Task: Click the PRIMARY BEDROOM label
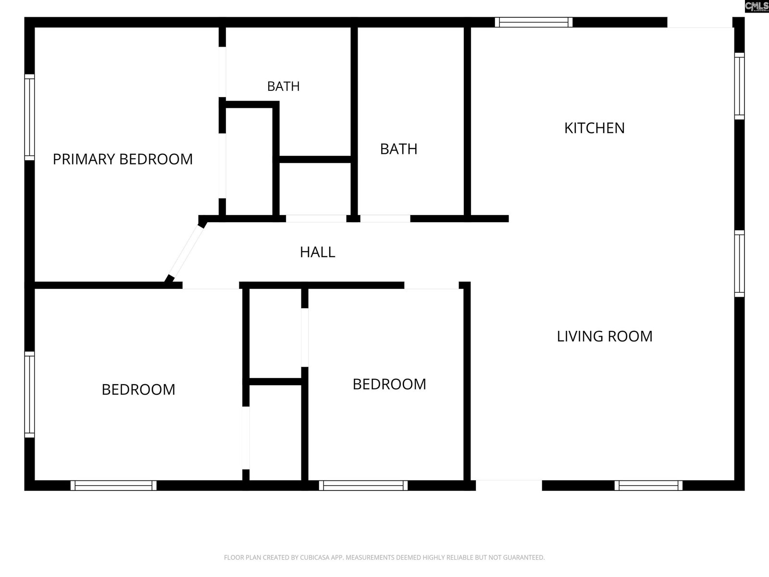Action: point(123,159)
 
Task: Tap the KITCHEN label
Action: point(595,128)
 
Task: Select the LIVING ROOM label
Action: point(605,336)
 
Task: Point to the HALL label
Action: point(317,252)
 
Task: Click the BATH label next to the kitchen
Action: point(399,149)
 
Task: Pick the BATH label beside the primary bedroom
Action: point(284,86)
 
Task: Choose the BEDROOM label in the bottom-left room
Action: point(138,389)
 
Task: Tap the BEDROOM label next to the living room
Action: point(389,384)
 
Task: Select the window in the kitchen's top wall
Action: point(533,23)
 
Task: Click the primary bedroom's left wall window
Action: point(29,117)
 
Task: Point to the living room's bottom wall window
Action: point(648,486)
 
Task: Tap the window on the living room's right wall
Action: point(739,264)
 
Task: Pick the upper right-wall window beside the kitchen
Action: point(739,86)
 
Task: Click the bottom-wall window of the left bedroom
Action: point(113,486)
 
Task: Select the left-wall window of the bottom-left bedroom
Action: point(29,394)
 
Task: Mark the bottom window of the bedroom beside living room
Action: point(363,486)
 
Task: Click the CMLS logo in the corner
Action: point(757,6)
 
